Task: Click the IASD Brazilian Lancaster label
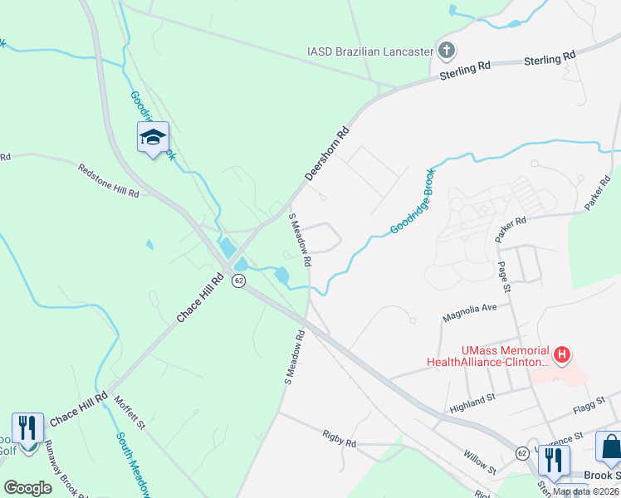click(370, 51)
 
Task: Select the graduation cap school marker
click(153, 137)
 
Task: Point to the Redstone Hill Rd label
click(108, 179)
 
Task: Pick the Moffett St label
click(130, 412)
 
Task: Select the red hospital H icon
click(562, 355)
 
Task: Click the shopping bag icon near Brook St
click(610, 447)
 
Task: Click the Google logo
click(28, 488)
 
